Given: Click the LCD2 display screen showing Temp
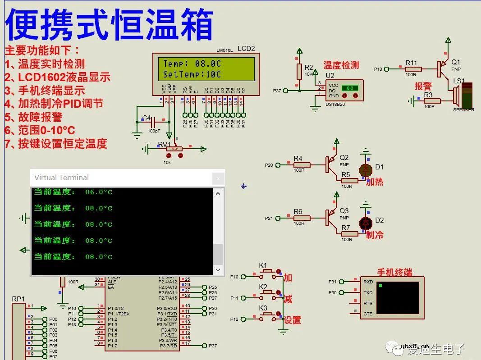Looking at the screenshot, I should [206, 68].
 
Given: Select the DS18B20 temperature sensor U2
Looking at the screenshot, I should [344, 90].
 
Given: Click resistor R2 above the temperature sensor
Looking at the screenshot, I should [298, 71].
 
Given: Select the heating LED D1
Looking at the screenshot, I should [366, 170].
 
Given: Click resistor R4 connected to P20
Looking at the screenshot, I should [302, 165].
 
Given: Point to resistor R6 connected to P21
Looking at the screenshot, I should [302, 218].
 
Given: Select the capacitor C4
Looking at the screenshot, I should [153, 122].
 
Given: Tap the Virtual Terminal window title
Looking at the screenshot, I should [62, 178].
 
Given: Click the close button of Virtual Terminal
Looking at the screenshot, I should [218, 178].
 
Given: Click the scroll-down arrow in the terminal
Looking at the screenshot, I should [218, 270].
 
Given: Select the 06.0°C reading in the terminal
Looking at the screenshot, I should [99, 192].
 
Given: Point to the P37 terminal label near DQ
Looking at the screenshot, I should [277, 91].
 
